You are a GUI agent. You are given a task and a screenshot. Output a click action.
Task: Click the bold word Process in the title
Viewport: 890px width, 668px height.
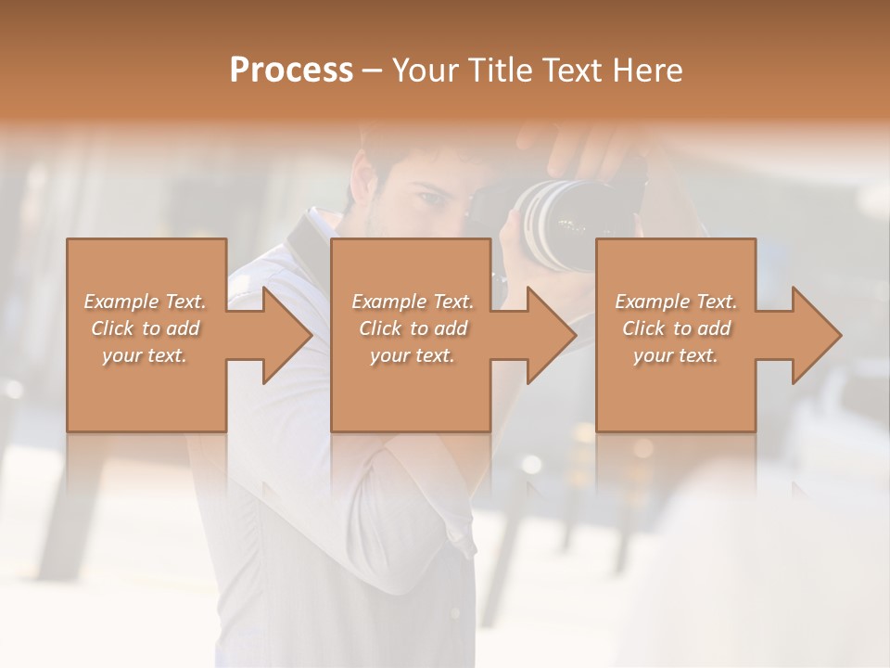click(291, 71)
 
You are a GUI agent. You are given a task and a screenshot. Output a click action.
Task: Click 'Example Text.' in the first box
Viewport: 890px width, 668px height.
click(145, 302)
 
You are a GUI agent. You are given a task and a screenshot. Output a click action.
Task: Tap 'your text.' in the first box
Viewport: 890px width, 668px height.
click(145, 355)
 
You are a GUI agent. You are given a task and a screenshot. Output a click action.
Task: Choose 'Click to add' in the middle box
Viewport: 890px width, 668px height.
click(413, 328)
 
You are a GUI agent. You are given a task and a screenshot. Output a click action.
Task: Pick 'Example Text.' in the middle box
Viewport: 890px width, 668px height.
click(413, 302)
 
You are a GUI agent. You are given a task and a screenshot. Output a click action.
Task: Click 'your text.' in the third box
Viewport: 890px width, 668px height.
click(676, 355)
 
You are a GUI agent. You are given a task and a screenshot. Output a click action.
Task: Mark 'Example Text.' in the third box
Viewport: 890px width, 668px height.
click(676, 302)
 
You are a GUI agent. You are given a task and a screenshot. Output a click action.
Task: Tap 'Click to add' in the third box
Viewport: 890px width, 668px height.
click(676, 328)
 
